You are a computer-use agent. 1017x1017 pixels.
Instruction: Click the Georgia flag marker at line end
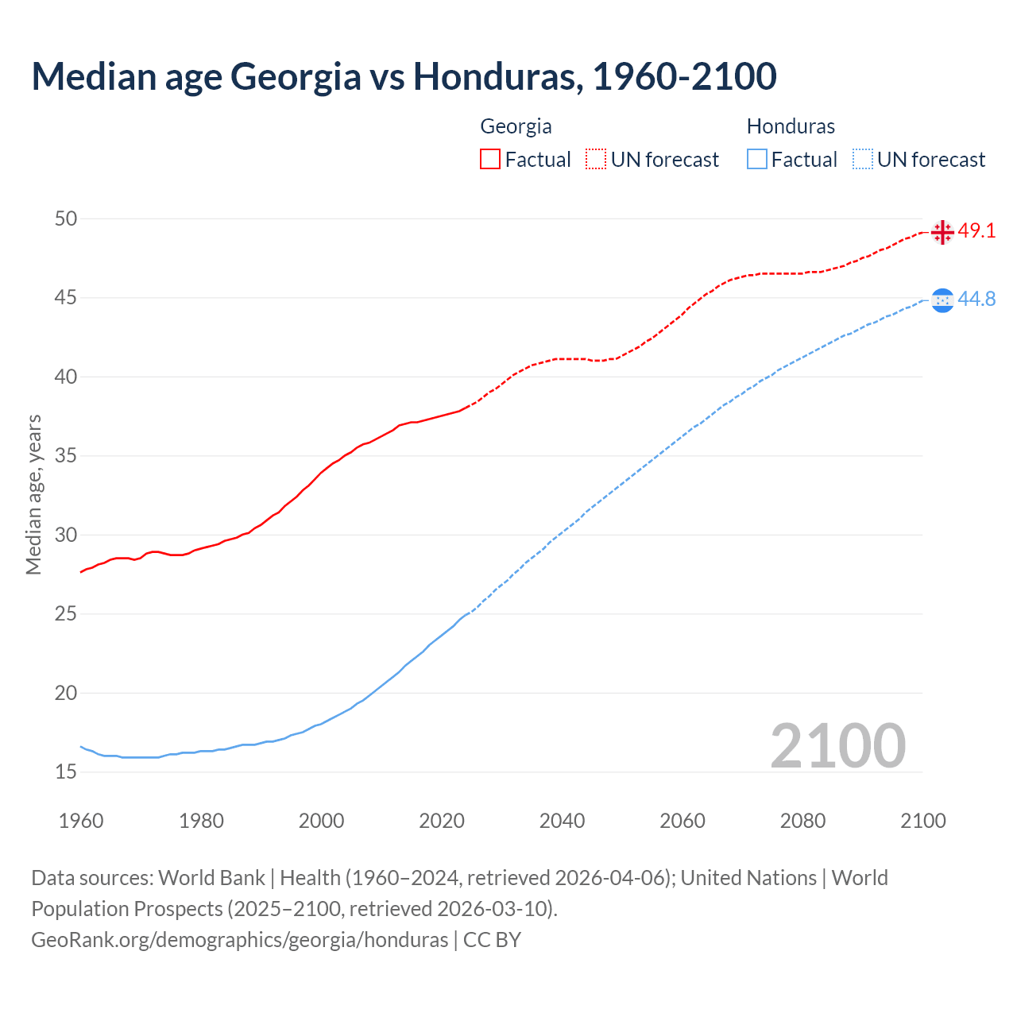(942, 232)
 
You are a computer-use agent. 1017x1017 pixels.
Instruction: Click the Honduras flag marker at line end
(942, 300)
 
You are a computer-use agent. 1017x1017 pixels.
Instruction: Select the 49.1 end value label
(976, 231)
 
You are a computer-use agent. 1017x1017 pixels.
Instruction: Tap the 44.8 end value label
(976, 299)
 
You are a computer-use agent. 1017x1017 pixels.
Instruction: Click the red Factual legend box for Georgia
(490, 160)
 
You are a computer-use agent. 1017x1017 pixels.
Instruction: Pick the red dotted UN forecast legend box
(596, 160)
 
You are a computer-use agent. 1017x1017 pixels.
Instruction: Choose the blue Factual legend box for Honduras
(756, 160)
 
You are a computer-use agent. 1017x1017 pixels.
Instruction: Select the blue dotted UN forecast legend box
(862, 160)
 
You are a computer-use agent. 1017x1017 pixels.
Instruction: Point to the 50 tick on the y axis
(66, 218)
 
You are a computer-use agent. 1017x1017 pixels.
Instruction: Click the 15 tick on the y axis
(66, 771)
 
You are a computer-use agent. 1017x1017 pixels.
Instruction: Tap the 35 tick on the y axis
(66, 456)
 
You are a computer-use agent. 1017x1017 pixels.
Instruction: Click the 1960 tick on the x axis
(81, 821)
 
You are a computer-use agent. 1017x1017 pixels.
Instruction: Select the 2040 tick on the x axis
(562, 821)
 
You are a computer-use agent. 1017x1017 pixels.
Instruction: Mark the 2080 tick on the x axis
(802, 821)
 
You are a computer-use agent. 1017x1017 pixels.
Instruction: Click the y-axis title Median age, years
(34, 494)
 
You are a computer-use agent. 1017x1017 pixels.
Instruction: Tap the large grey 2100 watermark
(837, 745)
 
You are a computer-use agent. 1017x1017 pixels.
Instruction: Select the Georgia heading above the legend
(516, 126)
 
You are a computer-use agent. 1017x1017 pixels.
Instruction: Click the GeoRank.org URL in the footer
(239, 940)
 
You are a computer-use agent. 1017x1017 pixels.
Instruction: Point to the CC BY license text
(492, 940)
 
